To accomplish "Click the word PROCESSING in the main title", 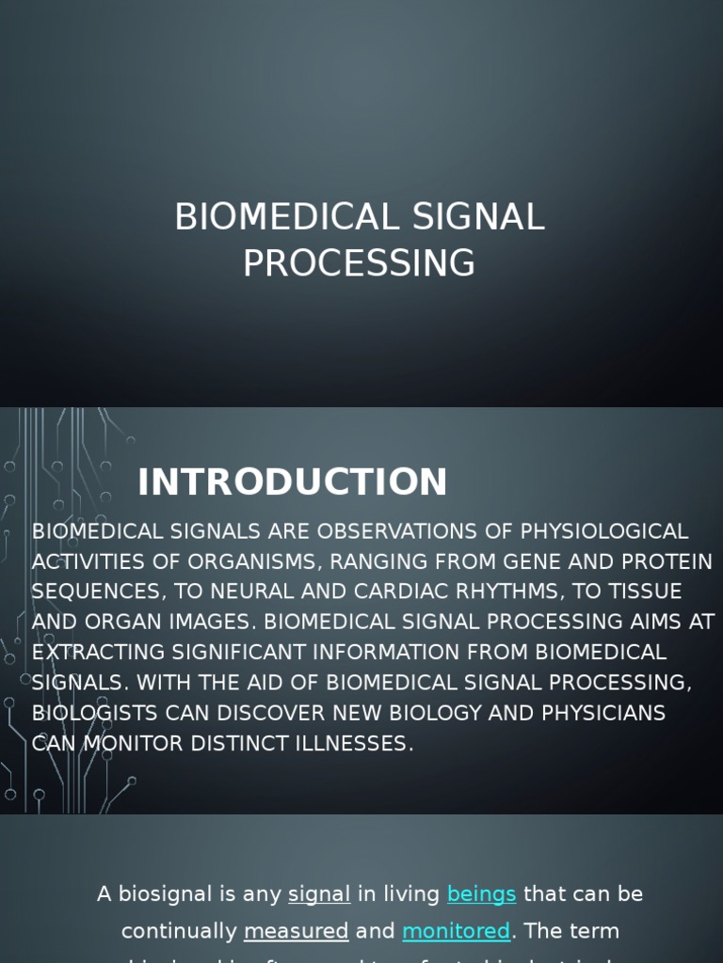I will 359,263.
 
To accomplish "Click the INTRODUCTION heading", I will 292,482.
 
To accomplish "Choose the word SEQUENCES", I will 95,592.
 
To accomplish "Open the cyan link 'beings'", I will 481,894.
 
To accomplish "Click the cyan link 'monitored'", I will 456,932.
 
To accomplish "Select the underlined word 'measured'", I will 296,932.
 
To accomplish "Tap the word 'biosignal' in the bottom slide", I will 162,894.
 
